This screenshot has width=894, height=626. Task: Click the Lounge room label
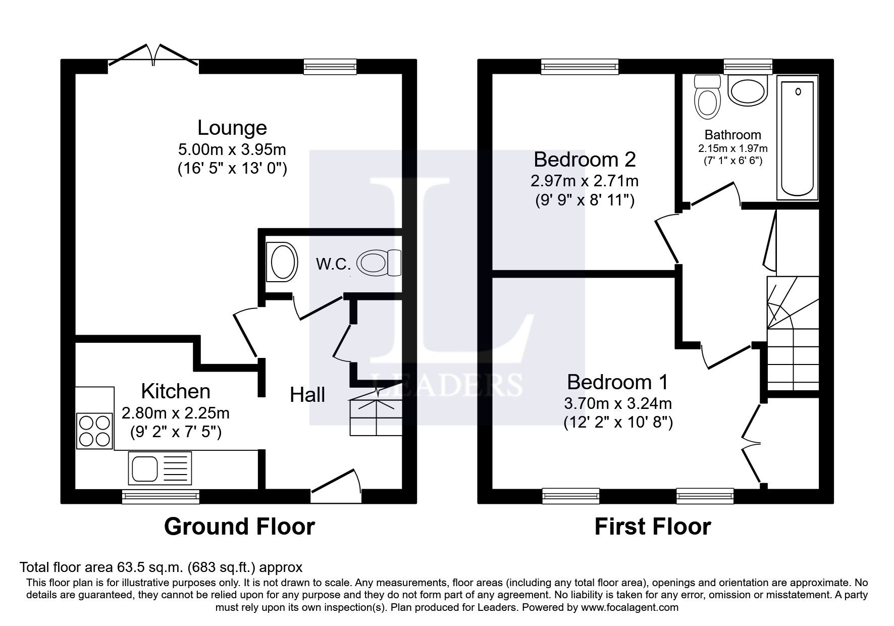232,128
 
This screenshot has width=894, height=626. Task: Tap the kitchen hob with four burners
94,431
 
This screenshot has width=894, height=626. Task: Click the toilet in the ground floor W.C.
379,263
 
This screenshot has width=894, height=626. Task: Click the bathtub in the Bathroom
798,137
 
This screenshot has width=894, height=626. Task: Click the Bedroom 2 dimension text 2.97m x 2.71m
585,180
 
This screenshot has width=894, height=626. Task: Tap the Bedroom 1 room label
617,382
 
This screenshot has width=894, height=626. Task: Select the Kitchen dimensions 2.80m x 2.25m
176,413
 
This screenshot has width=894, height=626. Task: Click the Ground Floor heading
239,527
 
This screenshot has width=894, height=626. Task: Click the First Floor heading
652,527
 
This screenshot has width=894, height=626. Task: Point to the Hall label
307,395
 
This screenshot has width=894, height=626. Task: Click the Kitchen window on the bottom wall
161,497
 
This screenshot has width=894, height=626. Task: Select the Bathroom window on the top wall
748,66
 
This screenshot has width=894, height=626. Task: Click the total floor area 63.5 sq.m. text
161,567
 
